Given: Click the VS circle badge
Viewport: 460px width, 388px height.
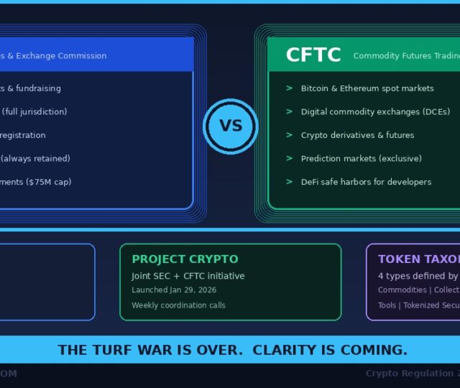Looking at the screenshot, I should tap(230, 126).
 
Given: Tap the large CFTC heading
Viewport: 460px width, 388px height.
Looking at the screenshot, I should tap(313, 55).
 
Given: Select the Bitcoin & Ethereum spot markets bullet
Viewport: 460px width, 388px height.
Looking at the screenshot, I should tap(367, 88).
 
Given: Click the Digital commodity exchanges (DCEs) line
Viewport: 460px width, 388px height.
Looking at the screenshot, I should tap(375, 112).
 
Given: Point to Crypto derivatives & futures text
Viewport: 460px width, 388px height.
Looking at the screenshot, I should tap(357, 135).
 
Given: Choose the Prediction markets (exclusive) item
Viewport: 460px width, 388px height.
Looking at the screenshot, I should tap(361, 159).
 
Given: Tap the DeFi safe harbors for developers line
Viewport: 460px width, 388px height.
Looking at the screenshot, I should tap(366, 182).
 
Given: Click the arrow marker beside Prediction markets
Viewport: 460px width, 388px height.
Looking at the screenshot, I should tap(289, 159).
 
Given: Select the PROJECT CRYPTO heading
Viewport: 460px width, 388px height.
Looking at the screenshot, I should tap(185, 259).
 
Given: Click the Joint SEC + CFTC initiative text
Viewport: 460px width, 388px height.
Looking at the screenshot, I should tap(188, 276).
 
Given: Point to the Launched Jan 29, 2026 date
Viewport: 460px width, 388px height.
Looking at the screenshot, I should tap(174, 290).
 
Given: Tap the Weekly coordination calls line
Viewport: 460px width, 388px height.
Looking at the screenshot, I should tap(178, 305).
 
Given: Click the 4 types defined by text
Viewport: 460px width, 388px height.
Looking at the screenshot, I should tap(418, 276).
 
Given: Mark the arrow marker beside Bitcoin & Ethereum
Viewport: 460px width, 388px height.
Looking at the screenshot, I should tap(289, 88).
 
